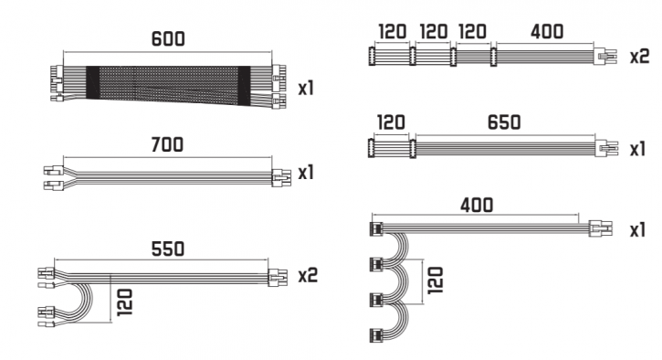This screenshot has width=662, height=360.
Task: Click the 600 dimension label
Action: tap(168, 39)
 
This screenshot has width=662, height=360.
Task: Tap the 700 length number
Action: tap(167, 145)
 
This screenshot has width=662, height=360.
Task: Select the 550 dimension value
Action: tap(168, 249)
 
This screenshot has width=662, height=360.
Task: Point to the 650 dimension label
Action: tap(504, 122)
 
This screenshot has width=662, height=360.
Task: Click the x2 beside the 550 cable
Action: tap(308, 275)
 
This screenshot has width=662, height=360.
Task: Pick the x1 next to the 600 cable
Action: tap(306, 89)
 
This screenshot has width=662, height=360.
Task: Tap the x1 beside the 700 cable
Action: tap(306, 173)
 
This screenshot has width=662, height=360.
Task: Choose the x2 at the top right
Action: tap(639, 57)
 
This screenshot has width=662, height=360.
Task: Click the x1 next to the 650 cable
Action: tap(638, 149)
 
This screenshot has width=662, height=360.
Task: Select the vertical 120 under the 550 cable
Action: tap(124, 302)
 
